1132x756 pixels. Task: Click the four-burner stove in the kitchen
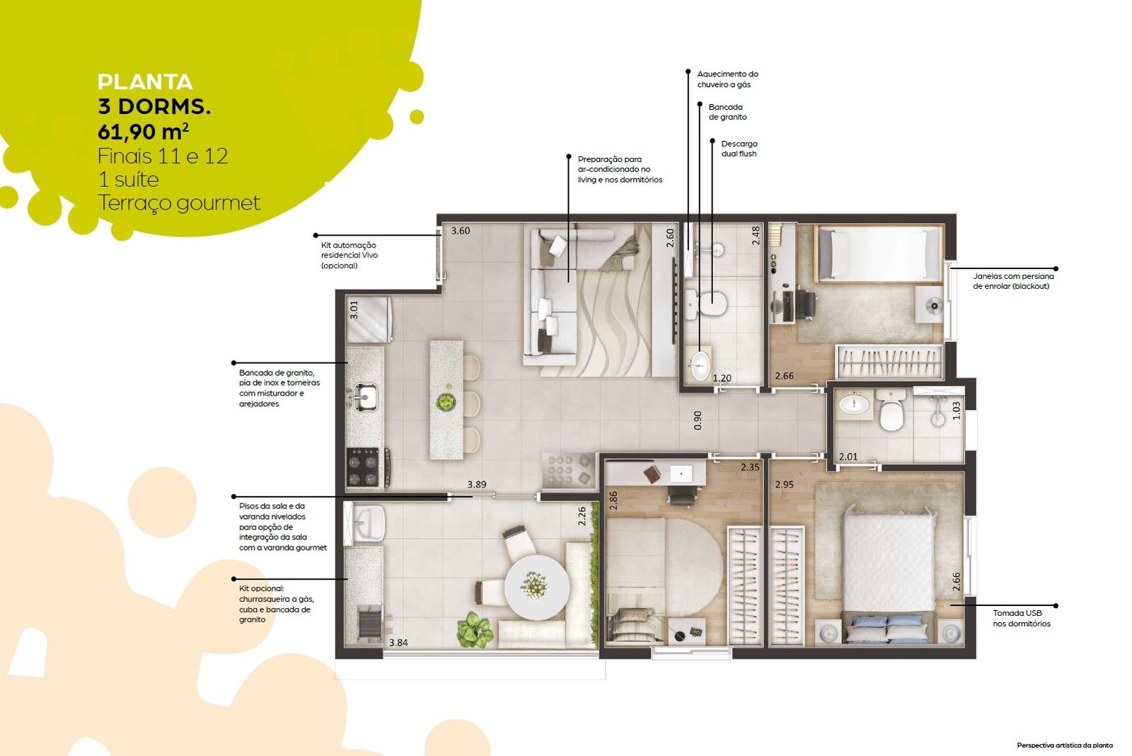(x=364, y=466)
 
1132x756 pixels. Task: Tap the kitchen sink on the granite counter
(x=364, y=396)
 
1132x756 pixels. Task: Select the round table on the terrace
(x=537, y=587)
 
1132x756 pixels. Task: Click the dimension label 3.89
(x=477, y=484)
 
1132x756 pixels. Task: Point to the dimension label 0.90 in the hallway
(x=698, y=420)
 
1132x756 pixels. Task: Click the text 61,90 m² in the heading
(x=144, y=132)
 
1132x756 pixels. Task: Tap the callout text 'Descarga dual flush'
(x=739, y=149)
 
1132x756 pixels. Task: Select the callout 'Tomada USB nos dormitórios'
(x=1022, y=619)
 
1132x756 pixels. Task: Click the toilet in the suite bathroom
(x=891, y=410)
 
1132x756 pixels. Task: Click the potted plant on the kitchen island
(x=446, y=401)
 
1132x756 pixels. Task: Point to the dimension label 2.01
(x=848, y=457)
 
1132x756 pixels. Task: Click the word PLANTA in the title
(x=145, y=82)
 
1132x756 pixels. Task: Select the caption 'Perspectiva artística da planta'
(x=1065, y=745)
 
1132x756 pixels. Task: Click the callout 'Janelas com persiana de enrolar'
(x=1013, y=281)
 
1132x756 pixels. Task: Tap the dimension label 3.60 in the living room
(x=461, y=231)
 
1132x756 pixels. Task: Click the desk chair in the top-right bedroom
(x=806, y=304)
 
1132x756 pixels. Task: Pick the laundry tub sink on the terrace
(x=369, y=523)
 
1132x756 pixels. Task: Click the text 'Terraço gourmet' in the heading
(x=178, y=203)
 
